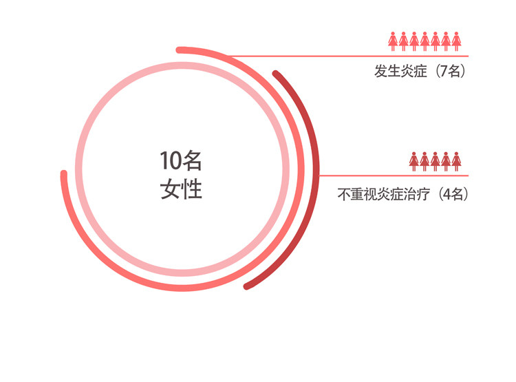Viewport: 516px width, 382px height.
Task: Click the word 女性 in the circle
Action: coord(181,189)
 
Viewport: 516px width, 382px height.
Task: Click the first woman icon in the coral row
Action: coord(393,41)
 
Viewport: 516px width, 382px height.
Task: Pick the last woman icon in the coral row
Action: coord(456,41)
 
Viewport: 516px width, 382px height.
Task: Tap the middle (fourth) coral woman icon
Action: coord(424,41)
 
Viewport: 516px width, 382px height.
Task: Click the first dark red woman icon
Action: coord(414,161)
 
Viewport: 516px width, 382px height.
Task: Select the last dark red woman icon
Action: coord(456,161)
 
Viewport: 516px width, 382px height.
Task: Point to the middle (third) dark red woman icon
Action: coord(436,161)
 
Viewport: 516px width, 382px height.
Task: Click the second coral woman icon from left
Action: coord(403,41)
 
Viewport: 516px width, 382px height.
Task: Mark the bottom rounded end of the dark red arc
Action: coord(247,286)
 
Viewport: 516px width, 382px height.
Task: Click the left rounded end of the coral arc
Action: coord(64,173)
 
